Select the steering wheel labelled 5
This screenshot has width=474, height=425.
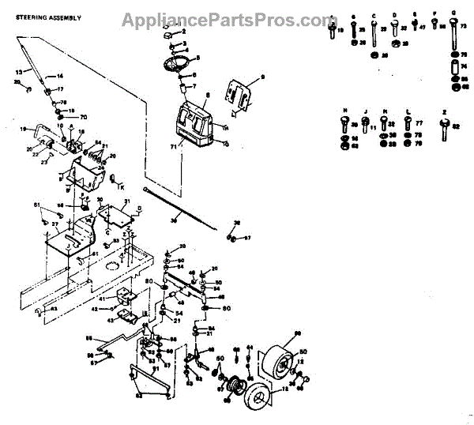[177, 64]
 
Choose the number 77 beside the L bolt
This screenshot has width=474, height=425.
[418, 124]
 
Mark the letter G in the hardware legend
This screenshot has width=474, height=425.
[453, 14]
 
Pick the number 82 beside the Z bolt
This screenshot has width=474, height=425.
[456, 123]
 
